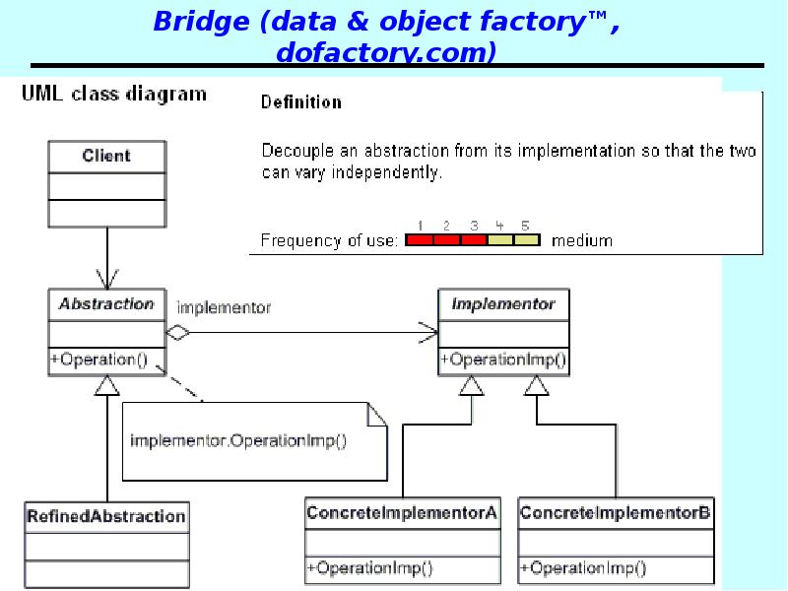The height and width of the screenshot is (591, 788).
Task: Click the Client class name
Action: (106, 156)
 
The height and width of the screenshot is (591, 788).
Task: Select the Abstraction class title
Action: (106, 304)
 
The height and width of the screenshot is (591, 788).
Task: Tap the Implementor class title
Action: (502, 304)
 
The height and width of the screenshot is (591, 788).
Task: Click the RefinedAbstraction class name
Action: (106, 516)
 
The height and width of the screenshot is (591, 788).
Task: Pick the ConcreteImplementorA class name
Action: (402, 513)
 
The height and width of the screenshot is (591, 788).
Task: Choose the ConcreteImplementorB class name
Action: (615, 513)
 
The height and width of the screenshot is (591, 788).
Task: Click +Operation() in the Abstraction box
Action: (98, 360)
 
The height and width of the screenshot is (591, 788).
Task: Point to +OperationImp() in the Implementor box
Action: (502, 360)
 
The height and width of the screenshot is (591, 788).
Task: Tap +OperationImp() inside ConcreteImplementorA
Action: (369, 567)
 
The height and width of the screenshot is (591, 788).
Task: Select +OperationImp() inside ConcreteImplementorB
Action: (582, 567)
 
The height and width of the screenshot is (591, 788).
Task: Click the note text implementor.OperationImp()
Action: (238, 440)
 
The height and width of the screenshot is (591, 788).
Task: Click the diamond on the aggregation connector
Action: (177, 333)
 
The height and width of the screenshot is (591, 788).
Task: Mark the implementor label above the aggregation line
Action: (223, 307)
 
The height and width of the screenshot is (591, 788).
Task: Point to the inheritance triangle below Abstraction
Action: (105, 386)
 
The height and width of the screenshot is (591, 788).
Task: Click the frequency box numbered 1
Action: (420, 239)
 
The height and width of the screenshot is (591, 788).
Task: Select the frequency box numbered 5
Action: (526, 239)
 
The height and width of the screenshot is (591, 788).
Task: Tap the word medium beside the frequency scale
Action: (581, 240)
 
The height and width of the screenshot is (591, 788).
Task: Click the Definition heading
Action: (301, 101)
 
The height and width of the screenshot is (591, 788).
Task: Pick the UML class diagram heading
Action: (114, 95)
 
